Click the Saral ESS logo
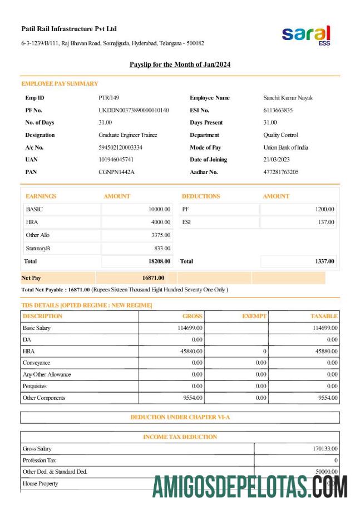[307, 36]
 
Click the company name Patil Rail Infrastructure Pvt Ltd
[69, 29]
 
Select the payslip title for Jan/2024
[180, 65]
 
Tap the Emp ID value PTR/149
[109, 98]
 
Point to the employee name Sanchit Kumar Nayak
[288, 98]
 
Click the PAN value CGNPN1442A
[116, 172]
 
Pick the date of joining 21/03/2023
[277, 160]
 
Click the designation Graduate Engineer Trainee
[128, 135]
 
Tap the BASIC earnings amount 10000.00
[159, 210]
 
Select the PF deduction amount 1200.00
[324, 210]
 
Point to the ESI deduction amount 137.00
[327, 222]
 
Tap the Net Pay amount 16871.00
[153, 278]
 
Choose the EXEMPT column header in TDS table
[254, 316]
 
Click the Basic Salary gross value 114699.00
[190, 328]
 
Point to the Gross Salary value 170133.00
[326, 448]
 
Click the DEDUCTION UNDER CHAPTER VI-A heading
[180, 417]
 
